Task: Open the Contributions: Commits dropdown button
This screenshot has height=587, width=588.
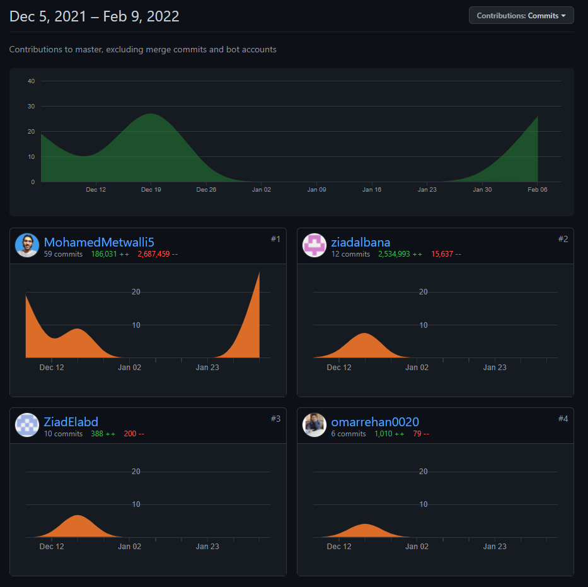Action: pos(521,16)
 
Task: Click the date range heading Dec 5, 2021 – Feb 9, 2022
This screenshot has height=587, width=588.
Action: pos(95,16)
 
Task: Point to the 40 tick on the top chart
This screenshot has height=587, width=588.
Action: pos(31,81)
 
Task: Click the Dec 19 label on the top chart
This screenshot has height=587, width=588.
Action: pos(151,190)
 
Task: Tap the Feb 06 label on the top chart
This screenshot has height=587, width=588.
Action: pos(538,190)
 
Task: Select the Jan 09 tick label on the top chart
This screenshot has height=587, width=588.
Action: pos(316,190)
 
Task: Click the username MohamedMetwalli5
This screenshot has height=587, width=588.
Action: pos(99,242)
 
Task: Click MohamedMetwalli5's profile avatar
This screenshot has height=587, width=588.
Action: pos(27,245)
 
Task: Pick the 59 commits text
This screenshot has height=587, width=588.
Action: pos(63,254)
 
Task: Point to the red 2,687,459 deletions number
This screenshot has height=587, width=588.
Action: pos(154,254)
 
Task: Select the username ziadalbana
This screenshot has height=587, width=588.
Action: pos(360,242)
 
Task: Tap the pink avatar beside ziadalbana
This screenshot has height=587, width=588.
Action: pos(314,245)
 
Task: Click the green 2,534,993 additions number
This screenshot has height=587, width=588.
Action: pos(395,254)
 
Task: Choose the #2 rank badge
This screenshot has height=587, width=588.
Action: pos(563,239)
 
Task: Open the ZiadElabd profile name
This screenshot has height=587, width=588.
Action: pos(71,422)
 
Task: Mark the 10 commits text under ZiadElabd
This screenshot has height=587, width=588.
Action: pos(63,434)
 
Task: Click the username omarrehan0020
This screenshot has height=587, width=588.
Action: pos(375,422)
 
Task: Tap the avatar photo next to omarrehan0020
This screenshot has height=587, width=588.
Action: pos(314,425)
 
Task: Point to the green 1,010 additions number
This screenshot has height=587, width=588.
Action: pos(384,434)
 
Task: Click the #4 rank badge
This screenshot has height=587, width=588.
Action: pos(563,419)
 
